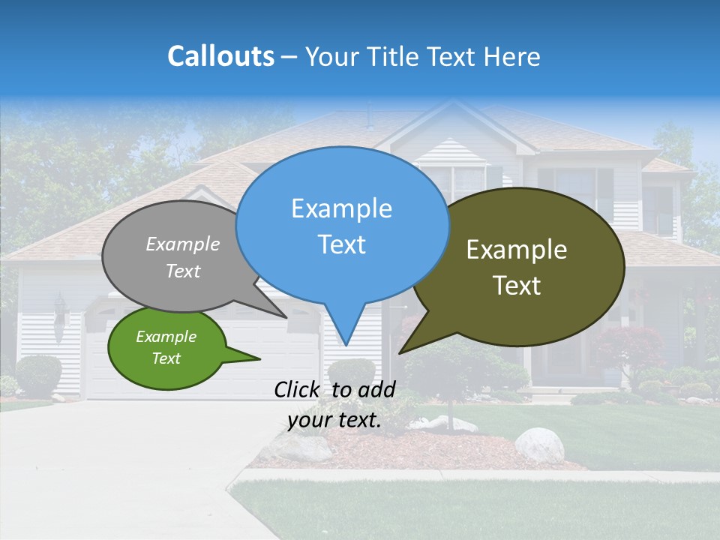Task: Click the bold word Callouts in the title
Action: point(220,56)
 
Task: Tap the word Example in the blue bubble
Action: point(341,208)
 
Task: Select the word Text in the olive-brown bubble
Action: point(517,286)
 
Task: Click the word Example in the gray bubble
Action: point(183,244)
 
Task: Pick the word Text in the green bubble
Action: point(166,358)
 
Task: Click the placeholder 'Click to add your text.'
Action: point(334,405)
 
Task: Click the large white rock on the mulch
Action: point(538,445)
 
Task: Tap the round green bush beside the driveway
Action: point(37,373)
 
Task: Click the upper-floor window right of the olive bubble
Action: point(658,210)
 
